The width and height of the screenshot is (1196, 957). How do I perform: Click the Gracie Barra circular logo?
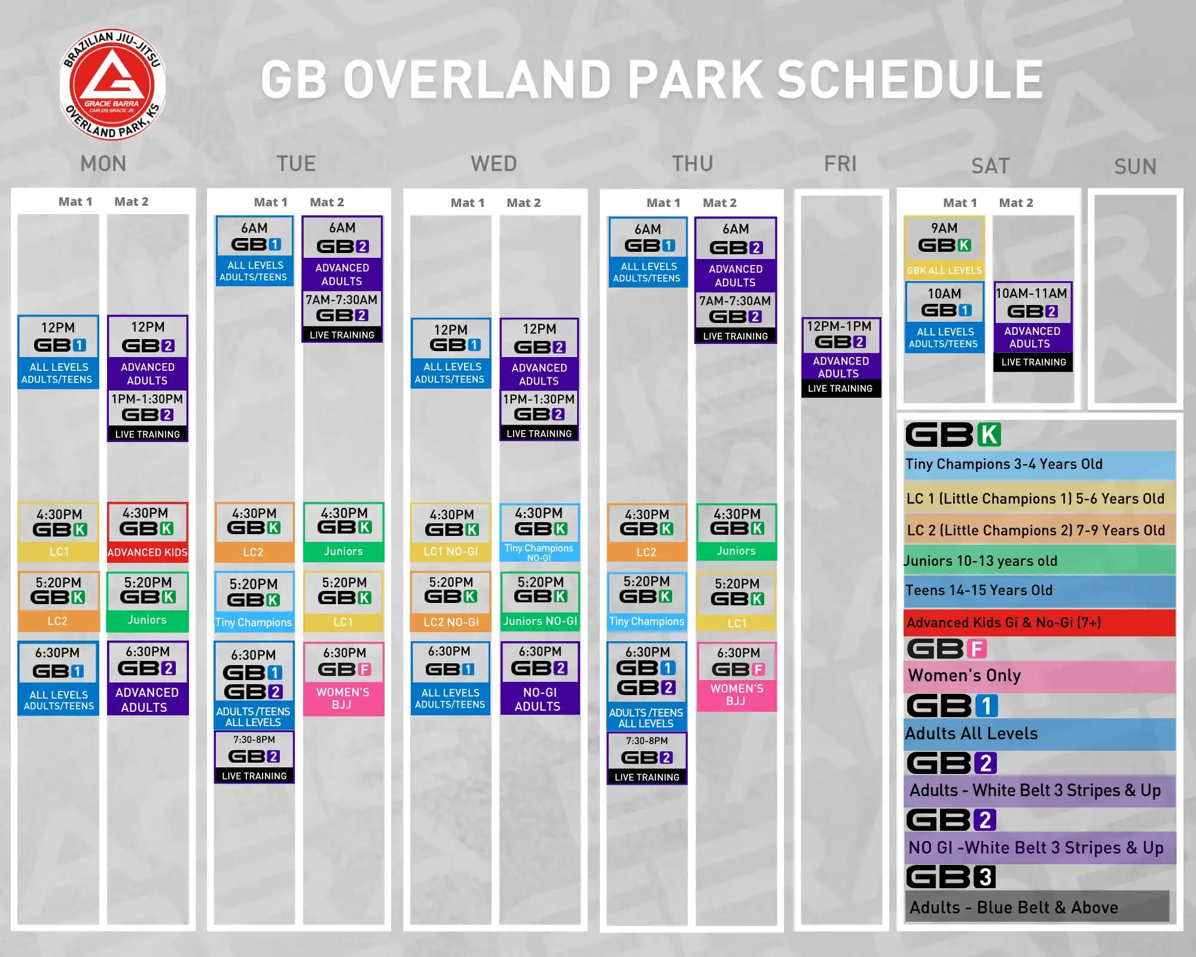click(x=112, y=84)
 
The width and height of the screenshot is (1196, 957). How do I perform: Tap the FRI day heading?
click(x=840, y=163)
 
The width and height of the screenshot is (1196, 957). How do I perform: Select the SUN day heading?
click(x=1135, y=166)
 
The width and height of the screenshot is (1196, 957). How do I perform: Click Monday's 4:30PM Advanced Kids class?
click(x=148, y=532)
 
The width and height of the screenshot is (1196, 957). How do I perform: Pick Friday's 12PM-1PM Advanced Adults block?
click(x=841, y=357)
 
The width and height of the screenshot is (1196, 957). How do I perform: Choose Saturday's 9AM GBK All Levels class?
click(x=944, y=248)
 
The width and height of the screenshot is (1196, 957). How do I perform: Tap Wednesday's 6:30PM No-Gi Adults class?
click(x=540, y=678)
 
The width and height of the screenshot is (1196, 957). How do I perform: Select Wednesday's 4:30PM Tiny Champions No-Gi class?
click(x=539, y=532)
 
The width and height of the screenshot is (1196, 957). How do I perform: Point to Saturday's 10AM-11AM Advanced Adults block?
click(x=1033, y=327)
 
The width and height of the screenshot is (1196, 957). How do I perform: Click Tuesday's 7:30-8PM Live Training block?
click(x=254, y=757)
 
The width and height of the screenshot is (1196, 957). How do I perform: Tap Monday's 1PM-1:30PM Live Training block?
click(x=148, y=416)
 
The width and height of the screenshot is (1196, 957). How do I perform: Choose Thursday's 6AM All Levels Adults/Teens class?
click(x=648, y=252)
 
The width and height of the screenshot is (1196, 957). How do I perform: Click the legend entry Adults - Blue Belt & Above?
click(x=1037, y=907)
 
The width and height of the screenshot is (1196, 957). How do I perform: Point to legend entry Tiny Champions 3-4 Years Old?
click(x=1040, y=465)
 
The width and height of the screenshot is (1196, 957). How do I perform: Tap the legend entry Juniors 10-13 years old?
click(x=1040, y=560)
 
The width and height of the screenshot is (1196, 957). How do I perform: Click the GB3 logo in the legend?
click(x=951, y=877)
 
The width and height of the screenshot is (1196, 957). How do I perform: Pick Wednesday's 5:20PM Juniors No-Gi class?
click(x=540, y=601)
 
